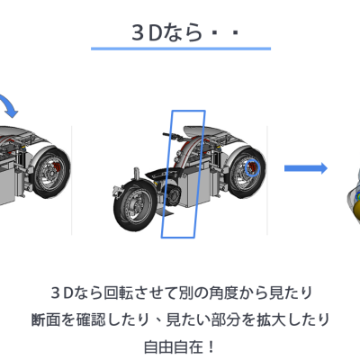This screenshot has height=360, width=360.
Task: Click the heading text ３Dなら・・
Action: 185,32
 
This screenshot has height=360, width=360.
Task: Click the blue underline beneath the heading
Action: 181,49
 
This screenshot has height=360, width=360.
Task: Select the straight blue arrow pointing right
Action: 306,168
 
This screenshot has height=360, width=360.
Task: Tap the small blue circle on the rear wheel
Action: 251,168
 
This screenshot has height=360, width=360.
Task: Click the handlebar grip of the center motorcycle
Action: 170,136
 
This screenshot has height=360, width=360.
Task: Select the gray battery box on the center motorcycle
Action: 195,182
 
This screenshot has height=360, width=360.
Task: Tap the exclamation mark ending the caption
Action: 211,347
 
